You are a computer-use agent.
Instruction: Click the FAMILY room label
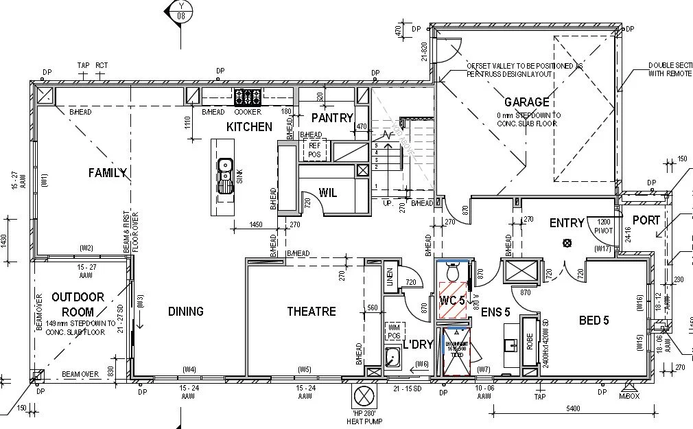pos(108,173)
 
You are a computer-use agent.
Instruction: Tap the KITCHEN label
pos(249,127)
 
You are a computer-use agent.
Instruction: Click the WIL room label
pos(328,193)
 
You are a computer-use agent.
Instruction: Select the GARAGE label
pos(527,102)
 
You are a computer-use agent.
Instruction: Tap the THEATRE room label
pos(312,312)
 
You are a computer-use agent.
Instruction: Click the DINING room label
pos(185,312)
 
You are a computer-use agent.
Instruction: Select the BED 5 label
pos(594,320)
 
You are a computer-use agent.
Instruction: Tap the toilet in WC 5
pos(452,273)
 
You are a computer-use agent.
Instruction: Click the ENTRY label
pos(567,223)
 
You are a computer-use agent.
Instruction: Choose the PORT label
pos(646,220)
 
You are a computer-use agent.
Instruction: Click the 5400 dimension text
pos(573,408)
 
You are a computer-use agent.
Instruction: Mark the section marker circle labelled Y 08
pos(181,10)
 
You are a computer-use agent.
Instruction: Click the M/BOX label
pos(629,396)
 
